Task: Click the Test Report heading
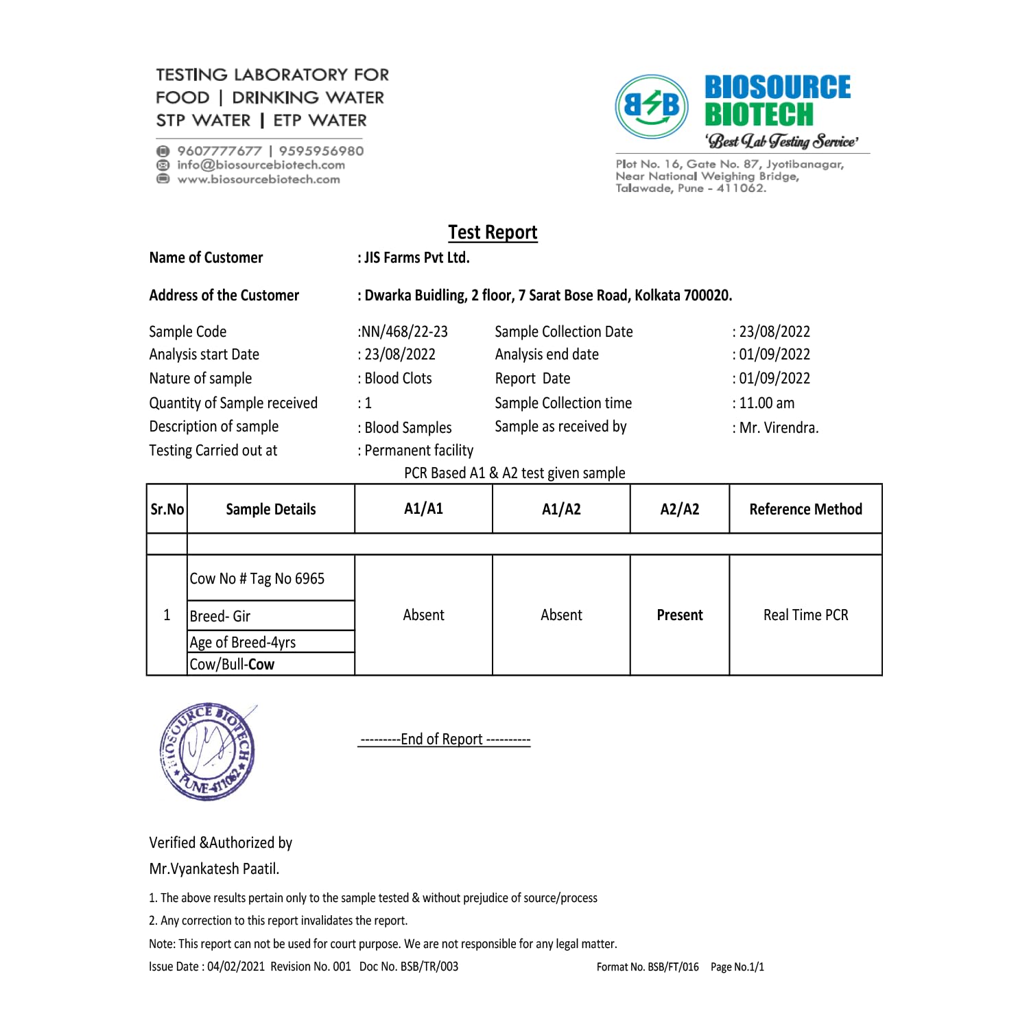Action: pyautogui.click(x=493, y=233)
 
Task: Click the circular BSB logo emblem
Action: pyautogui.click(x=652, y=106)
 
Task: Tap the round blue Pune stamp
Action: pyautogui.click(x=207, y=751)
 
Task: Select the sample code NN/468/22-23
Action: pyautogui.click(x=403, y=332)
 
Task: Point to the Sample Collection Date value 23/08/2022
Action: pyautogui.click(x=774, y=332)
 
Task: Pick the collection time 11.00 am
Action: pyautogui.click(x=766, y=403)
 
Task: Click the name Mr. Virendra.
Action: pyautogui.click(x=779, y=428)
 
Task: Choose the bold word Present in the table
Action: pyautogui.click(x=679, y=615)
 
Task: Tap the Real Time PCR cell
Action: pyautogui.click(x=805, y=615)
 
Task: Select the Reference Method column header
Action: pyautogui.click(x=805, y=509)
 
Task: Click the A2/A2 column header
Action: pyautogui.click(x=679, y=509)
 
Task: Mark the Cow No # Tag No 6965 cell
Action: pyautogui.click(x=257, y=579)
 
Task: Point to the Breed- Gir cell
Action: pyautogui.click(x=220, y=617)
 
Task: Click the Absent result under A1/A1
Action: pyautogui.click(x=423, y=615)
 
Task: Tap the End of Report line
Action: pyautogui.click(x=445, y=740)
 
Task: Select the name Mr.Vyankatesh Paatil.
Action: pyautogui.click(x=214, y=869)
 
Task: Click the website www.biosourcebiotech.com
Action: pyautogui.click(x=259, y=180)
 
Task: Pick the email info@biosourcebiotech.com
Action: pyautogui.click(x=261, y=165)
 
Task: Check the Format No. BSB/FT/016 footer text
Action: pyautogui.click(x=648, y=967)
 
